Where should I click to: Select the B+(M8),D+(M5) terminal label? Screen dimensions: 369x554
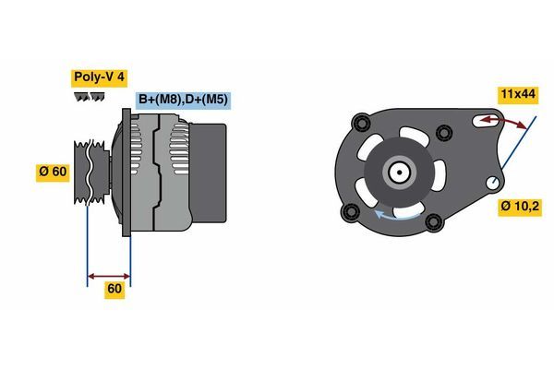tap(182, 100)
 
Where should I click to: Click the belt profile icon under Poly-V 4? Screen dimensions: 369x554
tap(89, 97)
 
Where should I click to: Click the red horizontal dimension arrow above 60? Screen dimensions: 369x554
tap(108, 275)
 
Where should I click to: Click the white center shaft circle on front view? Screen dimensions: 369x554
tap(399, 172)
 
